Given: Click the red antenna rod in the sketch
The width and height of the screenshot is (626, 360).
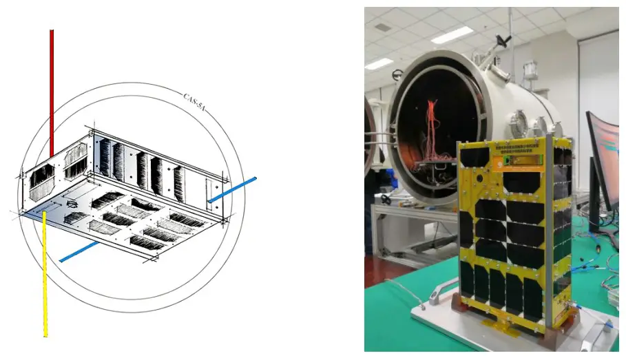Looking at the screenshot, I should pos(51,89).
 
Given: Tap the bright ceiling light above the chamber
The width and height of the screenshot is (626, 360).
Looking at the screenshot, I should pos(452,34).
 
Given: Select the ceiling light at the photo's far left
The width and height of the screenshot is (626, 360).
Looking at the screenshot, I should pos(379,63).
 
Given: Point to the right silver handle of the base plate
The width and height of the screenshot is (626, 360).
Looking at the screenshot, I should pos(594,337).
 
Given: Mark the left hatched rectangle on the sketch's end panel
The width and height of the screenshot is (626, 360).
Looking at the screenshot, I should pos(43,180).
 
